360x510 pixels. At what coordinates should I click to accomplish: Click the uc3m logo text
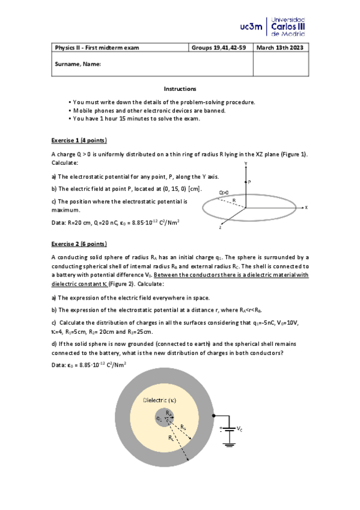point(251,26)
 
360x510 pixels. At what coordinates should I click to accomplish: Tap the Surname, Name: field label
point(78,63)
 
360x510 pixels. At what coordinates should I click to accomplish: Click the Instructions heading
point(180,88)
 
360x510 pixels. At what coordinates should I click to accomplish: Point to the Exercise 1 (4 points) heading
point(79,140)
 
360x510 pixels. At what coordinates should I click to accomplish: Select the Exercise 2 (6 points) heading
point(79,244)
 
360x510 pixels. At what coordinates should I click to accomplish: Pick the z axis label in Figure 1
point(221,229)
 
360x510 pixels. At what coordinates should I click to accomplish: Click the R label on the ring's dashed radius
point(233,200)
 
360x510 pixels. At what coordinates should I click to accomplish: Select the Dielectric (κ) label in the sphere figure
point(160,400)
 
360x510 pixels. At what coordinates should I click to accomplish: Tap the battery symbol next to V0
point(228,429)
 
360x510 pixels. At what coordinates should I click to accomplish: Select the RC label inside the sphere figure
point(171,438)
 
